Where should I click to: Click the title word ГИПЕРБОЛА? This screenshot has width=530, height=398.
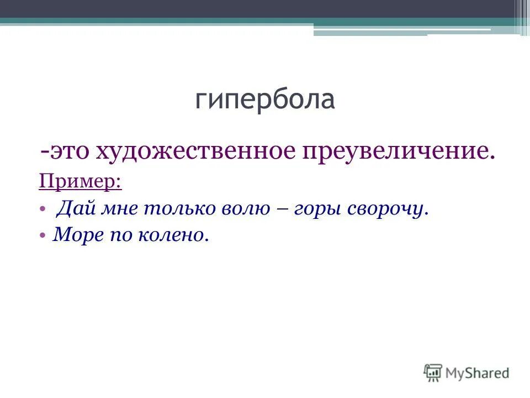[x=265, y=100]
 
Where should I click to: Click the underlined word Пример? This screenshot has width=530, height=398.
[x=80, y=181]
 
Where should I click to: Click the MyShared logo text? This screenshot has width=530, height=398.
[x=478, y=373]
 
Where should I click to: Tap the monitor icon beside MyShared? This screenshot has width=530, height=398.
[x=433, y=372]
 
